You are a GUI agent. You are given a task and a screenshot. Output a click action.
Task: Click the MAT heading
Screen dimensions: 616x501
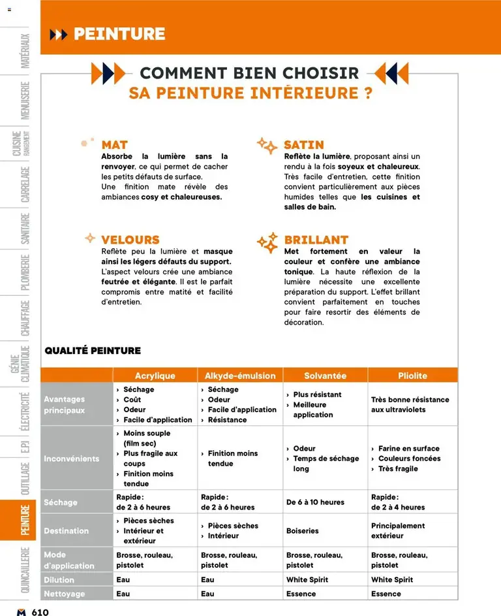(x=114, y=144)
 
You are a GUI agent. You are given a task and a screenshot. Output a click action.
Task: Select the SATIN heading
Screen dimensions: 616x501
(x=303, y=144)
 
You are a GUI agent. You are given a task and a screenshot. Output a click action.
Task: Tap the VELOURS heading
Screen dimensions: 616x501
(x=130, y=240)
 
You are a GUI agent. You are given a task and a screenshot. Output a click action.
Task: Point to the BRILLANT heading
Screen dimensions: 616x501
(x=316, y=240)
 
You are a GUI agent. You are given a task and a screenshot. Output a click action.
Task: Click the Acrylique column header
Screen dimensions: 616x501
(x=155, y=376)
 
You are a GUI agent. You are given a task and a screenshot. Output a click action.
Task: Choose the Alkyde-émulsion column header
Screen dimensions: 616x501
(x=240, y=376)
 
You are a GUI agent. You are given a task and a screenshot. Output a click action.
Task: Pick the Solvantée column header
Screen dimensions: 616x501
(x=325, y=376)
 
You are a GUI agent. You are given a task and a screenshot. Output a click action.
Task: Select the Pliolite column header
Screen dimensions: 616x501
(x=412, y=376)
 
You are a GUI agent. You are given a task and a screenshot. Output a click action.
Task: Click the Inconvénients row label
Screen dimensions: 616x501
(x=72, y=459)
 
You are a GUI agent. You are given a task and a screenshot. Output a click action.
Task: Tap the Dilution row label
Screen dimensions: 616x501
(x=59, y=580)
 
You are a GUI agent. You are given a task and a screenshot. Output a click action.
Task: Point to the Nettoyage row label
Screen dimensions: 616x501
(x=65, y=594)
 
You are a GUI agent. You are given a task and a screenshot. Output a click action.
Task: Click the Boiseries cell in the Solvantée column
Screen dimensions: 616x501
(x=303, y=531)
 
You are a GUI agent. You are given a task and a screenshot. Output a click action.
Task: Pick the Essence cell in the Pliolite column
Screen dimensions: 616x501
(x=386, y=594)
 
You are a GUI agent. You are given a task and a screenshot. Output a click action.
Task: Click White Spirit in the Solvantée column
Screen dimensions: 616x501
(x=307, y=580)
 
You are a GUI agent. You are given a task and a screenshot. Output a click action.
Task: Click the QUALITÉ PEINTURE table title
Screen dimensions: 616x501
(x=93, y=351)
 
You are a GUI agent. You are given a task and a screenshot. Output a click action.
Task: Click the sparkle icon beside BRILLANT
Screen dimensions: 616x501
(x=267, y=243)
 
